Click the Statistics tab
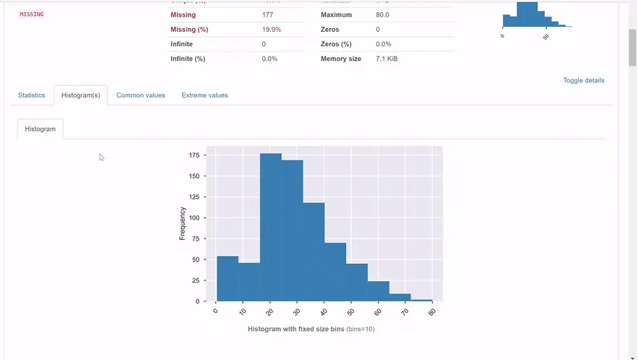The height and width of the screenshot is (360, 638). coord(31,95)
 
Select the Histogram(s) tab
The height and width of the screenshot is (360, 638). coord(80,95)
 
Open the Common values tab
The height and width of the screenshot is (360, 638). coord(140,95)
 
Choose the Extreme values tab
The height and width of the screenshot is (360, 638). coord(204,95)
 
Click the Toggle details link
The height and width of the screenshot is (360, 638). coord(583,80)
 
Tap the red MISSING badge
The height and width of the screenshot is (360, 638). coord(31,14)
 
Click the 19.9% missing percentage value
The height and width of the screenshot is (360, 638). coord(271,30)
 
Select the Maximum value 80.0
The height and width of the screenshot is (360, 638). coord(384,14)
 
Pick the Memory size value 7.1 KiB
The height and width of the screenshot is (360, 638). coord(387,59)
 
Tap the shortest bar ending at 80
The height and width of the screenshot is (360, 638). coord(421,300)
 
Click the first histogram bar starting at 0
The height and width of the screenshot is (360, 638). coord(227,278)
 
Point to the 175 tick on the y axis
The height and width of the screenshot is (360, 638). coord(194,155)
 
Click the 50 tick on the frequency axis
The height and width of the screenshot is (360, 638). coord(196,260)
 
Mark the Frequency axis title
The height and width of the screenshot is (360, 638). coord(183,223)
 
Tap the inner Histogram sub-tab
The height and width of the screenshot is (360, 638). coord(40,129)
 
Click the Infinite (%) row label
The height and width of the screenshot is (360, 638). coord(188,59)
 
